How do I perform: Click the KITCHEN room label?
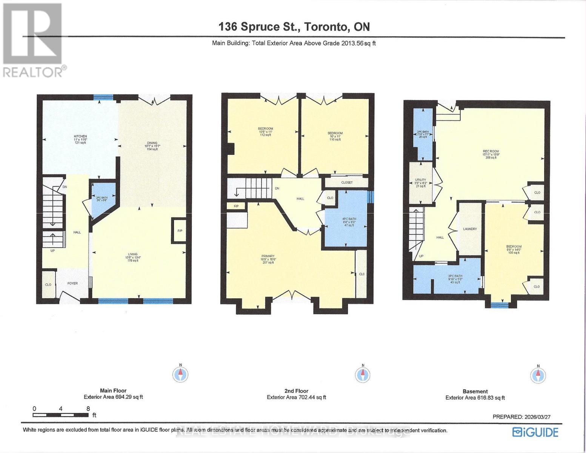(80, 136)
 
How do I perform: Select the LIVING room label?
(132, 254)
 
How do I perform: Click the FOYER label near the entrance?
(72, 283)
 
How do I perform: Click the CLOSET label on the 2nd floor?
(347, 183)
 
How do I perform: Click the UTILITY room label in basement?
(420, 180)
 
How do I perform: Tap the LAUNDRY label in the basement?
(470, 229)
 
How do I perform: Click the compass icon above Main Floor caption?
(180, 374)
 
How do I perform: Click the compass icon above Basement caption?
(538, 375)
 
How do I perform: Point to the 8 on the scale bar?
(88, 408)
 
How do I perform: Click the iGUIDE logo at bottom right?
(535, 432)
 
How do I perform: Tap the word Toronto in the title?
(326, 27)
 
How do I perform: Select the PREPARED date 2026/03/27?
(538, 417)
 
